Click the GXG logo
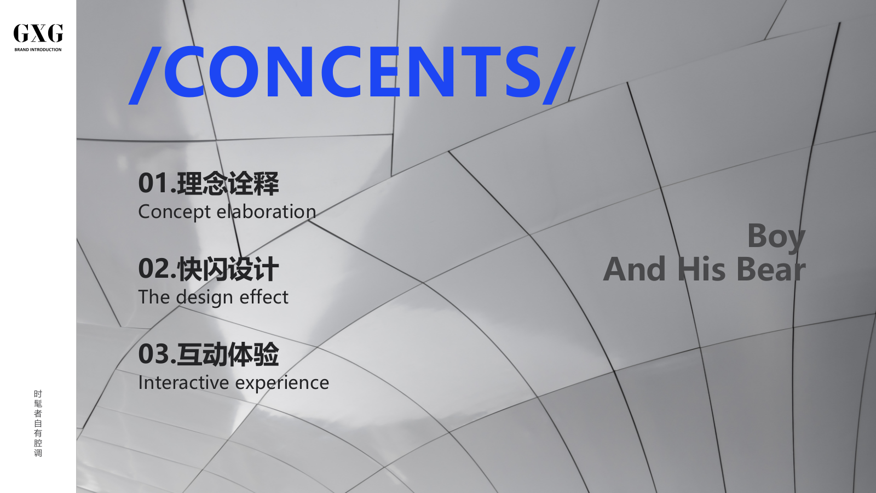(x=38, y=33)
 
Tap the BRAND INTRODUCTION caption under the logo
(x=38, y=50)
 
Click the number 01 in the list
(x=153, y=184)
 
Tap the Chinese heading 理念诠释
(x=228, y=184)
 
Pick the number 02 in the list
(x=153, y=269)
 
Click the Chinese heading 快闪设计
(x=228, y=269)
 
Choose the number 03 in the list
(x=153, y=354)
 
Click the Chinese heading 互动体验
(x=228, y=354)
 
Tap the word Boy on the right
(x=776, y=237)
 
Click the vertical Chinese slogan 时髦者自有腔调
(x=38, y=423)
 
